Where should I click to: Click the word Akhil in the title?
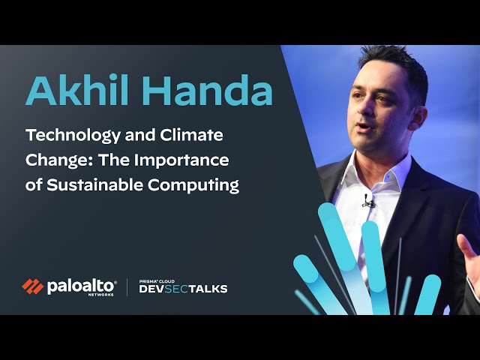click(77, 90)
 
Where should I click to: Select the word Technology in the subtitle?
click(73, 136)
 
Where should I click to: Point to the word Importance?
click(181, 160)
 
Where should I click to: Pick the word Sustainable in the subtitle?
click(95, 185)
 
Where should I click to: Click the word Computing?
click(193, 185)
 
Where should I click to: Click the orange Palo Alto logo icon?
click(33, 286)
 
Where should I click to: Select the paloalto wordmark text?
click(80, 286)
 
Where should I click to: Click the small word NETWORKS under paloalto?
click(100, 295)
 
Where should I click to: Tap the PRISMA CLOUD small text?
click(157, 281)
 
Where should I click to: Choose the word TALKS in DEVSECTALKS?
click(208, 289)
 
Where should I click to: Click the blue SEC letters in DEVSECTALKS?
click(176, 289)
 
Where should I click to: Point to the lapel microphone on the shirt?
click(367, 201)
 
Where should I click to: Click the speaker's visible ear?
click(418, 117)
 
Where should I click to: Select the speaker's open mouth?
click(364, 127)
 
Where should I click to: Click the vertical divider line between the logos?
click(127, 287)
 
